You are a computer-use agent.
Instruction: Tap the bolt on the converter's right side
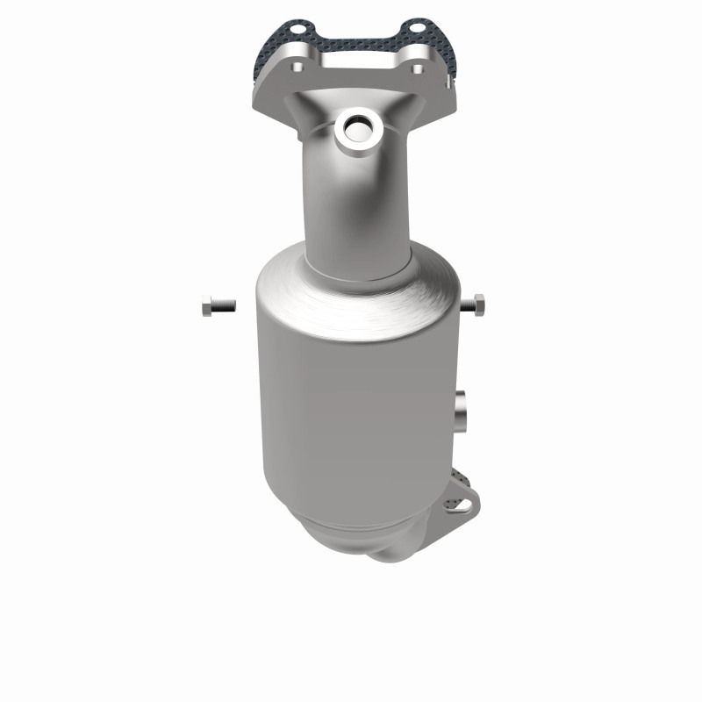click(x=478, y=305)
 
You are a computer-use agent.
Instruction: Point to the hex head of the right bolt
click(x=483, y=305)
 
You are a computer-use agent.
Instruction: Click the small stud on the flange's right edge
click(x=448, y=82)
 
